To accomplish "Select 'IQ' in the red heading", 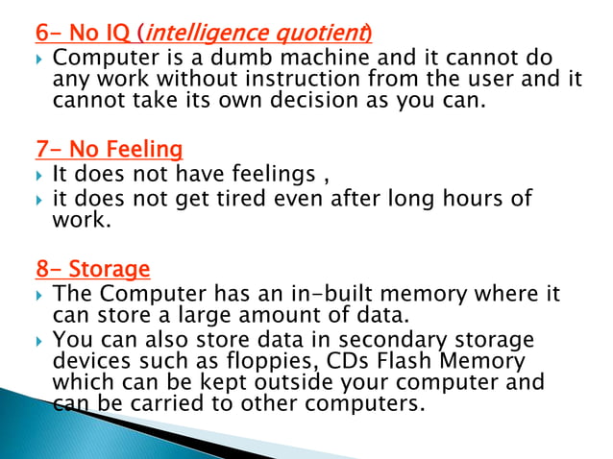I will pos(119,34).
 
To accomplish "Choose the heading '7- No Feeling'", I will pos(109,150).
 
